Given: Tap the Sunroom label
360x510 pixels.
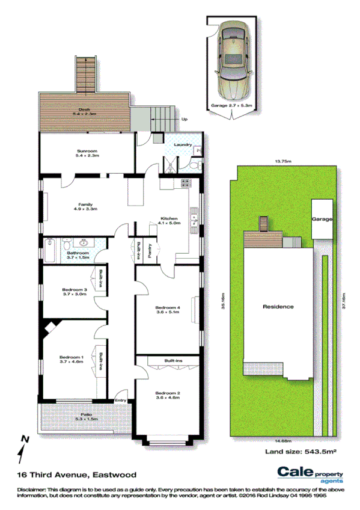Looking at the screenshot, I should click(87, 150).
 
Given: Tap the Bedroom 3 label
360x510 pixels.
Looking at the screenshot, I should click(75, 290).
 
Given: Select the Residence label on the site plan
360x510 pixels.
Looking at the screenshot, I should click(279, 307).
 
